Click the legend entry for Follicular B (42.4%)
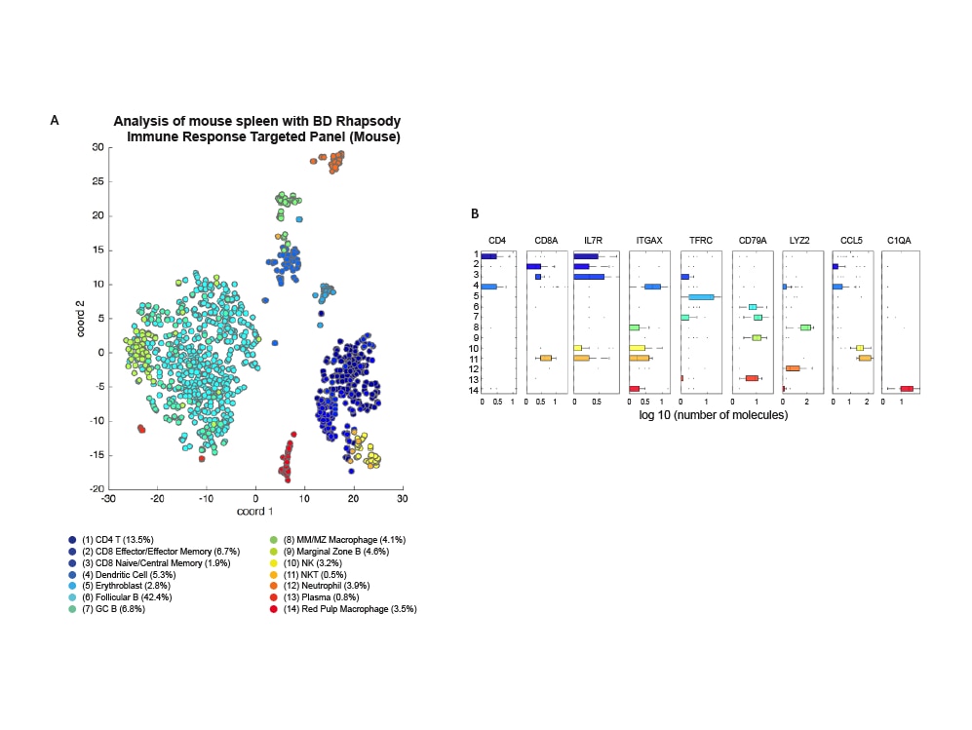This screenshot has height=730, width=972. click(x=123, y=596)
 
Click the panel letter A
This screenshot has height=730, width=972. click(x=55, y=120)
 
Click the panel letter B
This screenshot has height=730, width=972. click(x=475, y=213)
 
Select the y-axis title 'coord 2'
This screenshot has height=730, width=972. click(x=84, y=318)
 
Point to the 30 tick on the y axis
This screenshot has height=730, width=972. click(x=97, y=147)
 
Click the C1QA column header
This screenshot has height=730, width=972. click(x=901, y=240)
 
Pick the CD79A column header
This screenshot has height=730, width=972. click(x=753, y=240)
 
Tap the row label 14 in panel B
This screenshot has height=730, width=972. click(x=473, y=389)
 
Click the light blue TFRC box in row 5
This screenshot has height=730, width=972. click(x=702, y=297)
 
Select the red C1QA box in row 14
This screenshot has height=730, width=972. click(x=907, y=389)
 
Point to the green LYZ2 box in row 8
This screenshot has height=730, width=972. click(x=805, y=327)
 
